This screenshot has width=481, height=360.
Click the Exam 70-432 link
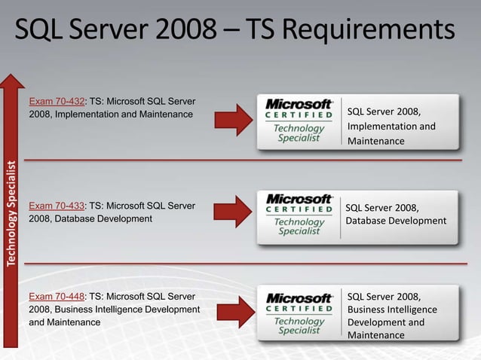[x=57, y=101]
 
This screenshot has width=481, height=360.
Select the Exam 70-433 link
[x=57, y=205]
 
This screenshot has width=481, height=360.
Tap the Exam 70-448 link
[x=57, y=296]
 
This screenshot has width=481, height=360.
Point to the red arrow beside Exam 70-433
[x=233, y=211]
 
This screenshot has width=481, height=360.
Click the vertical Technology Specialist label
[x=12, y=213]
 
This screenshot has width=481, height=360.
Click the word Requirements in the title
[x=370, y=31]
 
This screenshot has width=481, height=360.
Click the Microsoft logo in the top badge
[x=299, y=104]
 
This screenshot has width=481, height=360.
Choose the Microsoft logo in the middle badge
[x=299, y=198]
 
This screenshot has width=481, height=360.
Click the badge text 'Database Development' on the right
[x=396, y=221]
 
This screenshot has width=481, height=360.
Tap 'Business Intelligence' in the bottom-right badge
[x=392, y=310]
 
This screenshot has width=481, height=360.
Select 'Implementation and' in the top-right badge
[x=391, y=127]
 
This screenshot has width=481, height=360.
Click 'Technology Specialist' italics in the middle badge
[x=299, y=226]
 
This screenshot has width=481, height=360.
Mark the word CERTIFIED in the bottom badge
[x=299, y=309]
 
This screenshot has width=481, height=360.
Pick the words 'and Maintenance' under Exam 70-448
[x=64, y=322]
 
